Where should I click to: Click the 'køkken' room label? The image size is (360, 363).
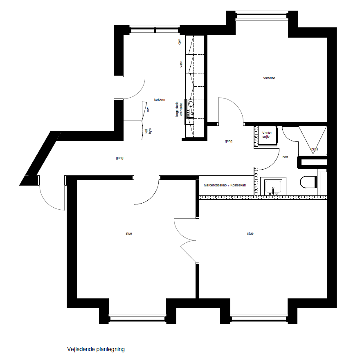click(160, 100)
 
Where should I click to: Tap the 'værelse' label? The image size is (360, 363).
click(269, 78)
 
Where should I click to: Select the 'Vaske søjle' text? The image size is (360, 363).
click(267, 135)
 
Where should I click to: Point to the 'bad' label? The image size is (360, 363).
click(285, 157)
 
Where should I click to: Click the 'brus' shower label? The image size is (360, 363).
click(315, 149)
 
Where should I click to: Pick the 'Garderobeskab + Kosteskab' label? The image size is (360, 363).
click(225, 185)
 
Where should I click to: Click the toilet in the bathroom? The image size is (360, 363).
click(308, 182)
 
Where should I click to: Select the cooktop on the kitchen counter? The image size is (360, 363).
click(190, 109)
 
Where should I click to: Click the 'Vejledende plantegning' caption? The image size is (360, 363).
click(96, 349)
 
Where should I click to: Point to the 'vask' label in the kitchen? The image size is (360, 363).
click(181, 64)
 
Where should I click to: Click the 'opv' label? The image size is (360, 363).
click(179, 42)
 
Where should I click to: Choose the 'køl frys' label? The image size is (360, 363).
click(148, 131)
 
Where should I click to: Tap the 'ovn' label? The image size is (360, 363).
click(148, 109)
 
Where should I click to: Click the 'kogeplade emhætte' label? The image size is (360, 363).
click(179, 109)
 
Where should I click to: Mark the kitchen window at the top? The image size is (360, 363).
click(155, 30)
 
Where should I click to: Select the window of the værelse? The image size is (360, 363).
click(262, 16)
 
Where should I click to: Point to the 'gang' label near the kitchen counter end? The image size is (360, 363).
click(228, 141)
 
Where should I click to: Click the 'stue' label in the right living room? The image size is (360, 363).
click(250, 233)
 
